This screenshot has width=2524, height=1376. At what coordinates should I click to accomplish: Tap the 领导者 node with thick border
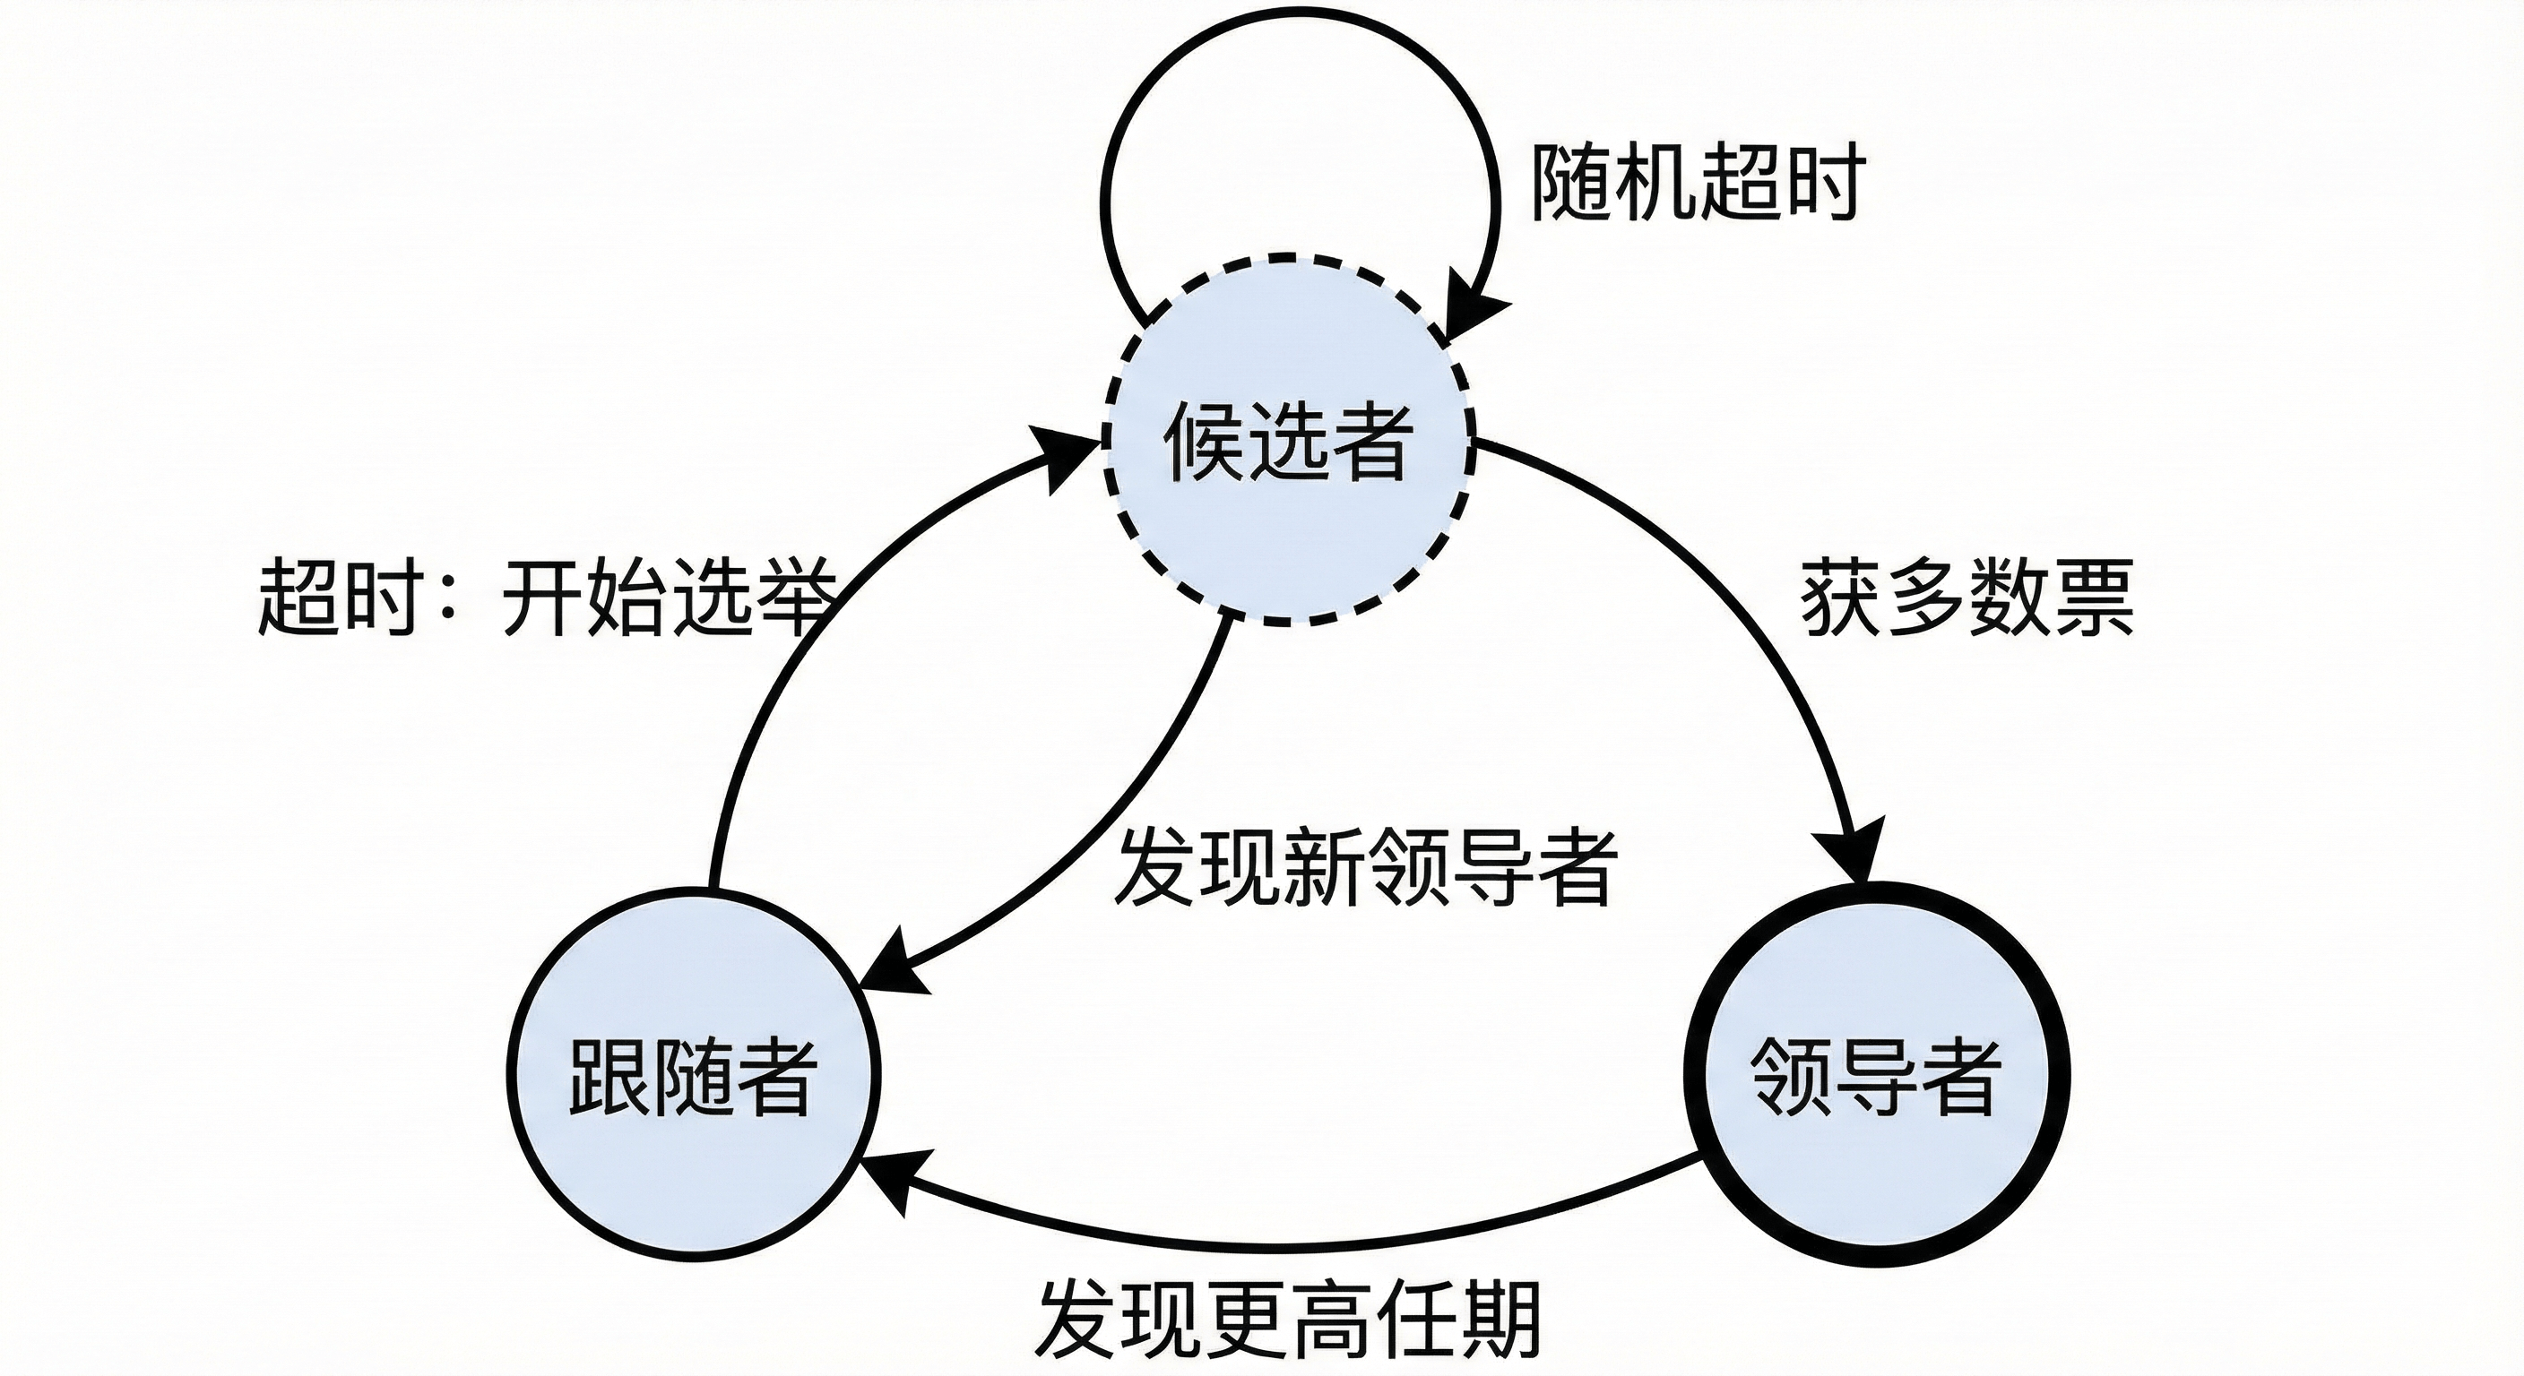[x=1875, y=1074]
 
